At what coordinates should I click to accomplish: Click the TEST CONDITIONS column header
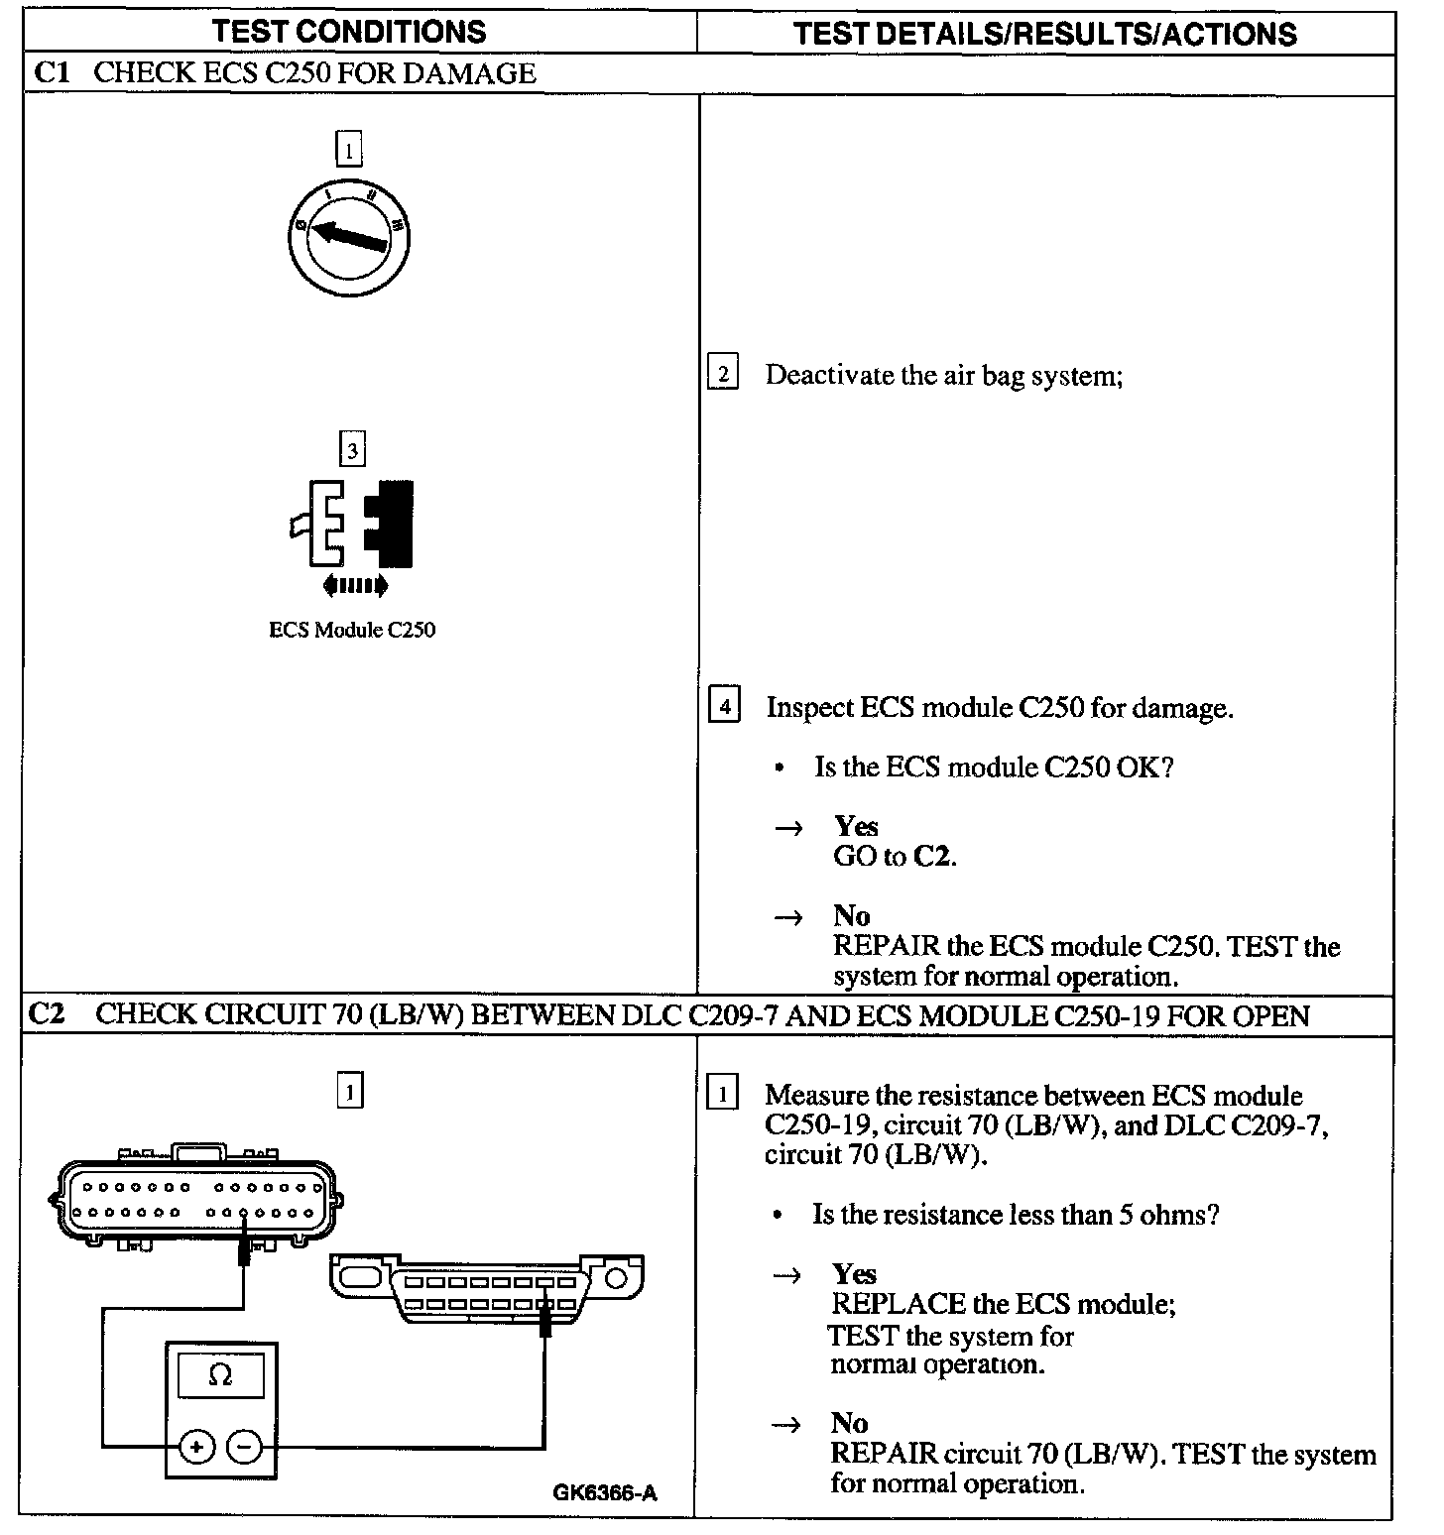pos(349,32)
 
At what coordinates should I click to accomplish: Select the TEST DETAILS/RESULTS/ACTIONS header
pos(1044,34)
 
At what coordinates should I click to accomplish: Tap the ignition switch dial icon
pos(349,235)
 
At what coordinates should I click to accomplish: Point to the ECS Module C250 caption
pos(352,630)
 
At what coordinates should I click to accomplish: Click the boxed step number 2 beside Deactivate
pos(723,374)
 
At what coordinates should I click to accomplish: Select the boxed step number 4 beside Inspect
pos(724,706)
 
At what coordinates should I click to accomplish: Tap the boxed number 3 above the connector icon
pos(352,451)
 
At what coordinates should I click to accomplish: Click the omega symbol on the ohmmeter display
pos(220,1375)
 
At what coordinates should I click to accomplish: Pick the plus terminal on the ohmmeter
pos(196,1447)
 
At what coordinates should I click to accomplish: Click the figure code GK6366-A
pos(605,1492)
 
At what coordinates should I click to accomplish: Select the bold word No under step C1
pos(851,915)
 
